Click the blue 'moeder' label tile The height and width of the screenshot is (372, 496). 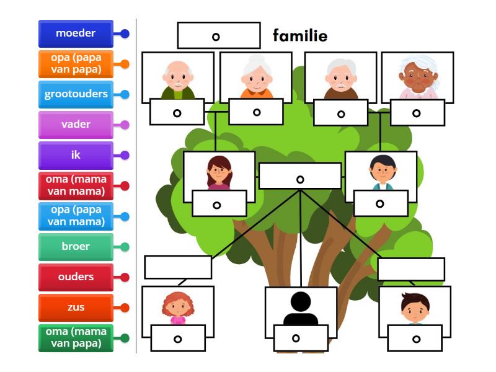[76, 33]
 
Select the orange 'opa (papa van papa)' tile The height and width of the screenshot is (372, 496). [76, 64]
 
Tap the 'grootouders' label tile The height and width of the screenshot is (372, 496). [76, 94]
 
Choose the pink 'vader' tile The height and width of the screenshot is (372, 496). [76, 125]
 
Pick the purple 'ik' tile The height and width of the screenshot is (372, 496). [76, 156]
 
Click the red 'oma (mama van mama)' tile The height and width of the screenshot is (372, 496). [76, 185]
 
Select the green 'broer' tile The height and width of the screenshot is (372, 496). [76, 247]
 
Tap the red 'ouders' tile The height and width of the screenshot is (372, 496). [76, 277]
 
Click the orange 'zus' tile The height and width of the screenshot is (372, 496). [76, 308]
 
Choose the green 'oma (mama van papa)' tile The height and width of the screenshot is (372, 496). [76, 338]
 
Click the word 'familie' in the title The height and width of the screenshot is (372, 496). [300, 35]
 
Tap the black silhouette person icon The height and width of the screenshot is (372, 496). [301, 308]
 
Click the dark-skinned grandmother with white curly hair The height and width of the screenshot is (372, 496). [418, 77]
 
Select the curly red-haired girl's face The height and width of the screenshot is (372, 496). [178, 307]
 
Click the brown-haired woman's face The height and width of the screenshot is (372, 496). [219, 172]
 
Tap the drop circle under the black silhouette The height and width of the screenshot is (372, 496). [296, 338]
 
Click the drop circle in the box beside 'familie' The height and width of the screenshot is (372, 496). [216, 37]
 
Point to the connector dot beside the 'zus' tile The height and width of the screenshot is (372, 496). [125, 308]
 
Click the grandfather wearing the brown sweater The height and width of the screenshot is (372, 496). [340, 79]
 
